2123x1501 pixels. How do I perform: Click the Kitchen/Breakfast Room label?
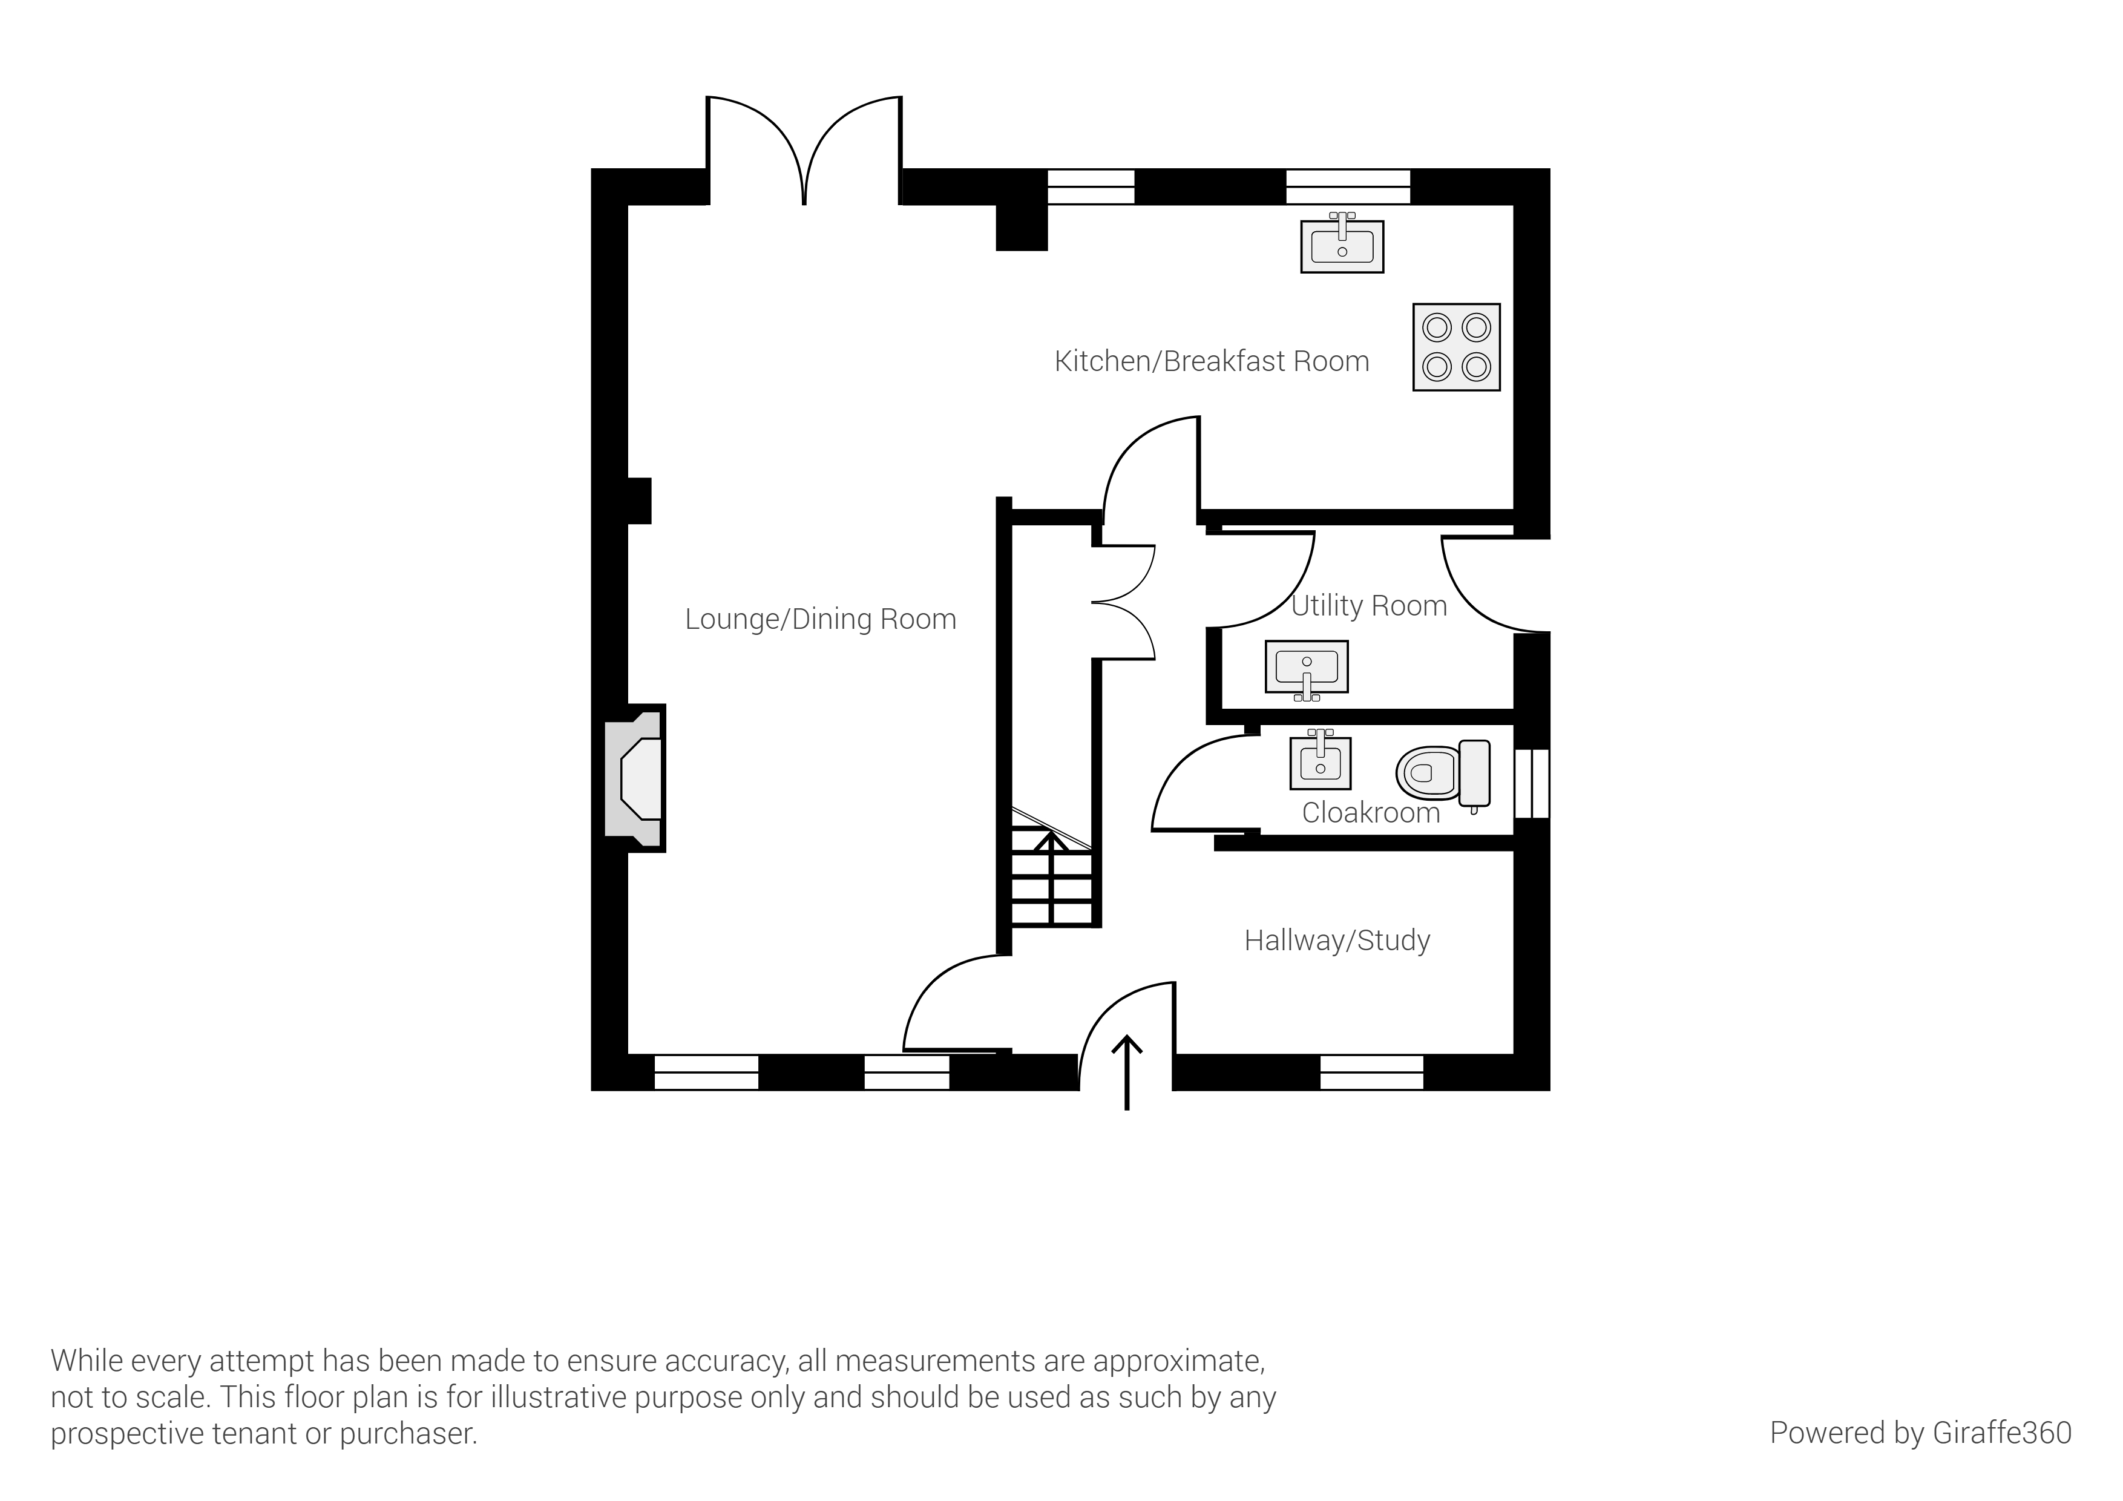[x=1212, y=361]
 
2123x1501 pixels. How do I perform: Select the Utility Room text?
[x=1368, y=606]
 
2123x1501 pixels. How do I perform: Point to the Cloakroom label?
[x=1370, y=813]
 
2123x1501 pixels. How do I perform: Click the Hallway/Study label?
[x=1337, y=941]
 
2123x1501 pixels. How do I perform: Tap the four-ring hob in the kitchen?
[x=1456, y=347]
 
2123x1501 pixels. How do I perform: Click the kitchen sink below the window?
[x=1342, y=246]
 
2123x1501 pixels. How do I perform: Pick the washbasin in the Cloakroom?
[x=1321, y=763]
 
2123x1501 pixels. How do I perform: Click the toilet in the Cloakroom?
[x=1442, y=773]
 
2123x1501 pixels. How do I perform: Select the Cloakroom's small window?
[x=1531, y=784]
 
